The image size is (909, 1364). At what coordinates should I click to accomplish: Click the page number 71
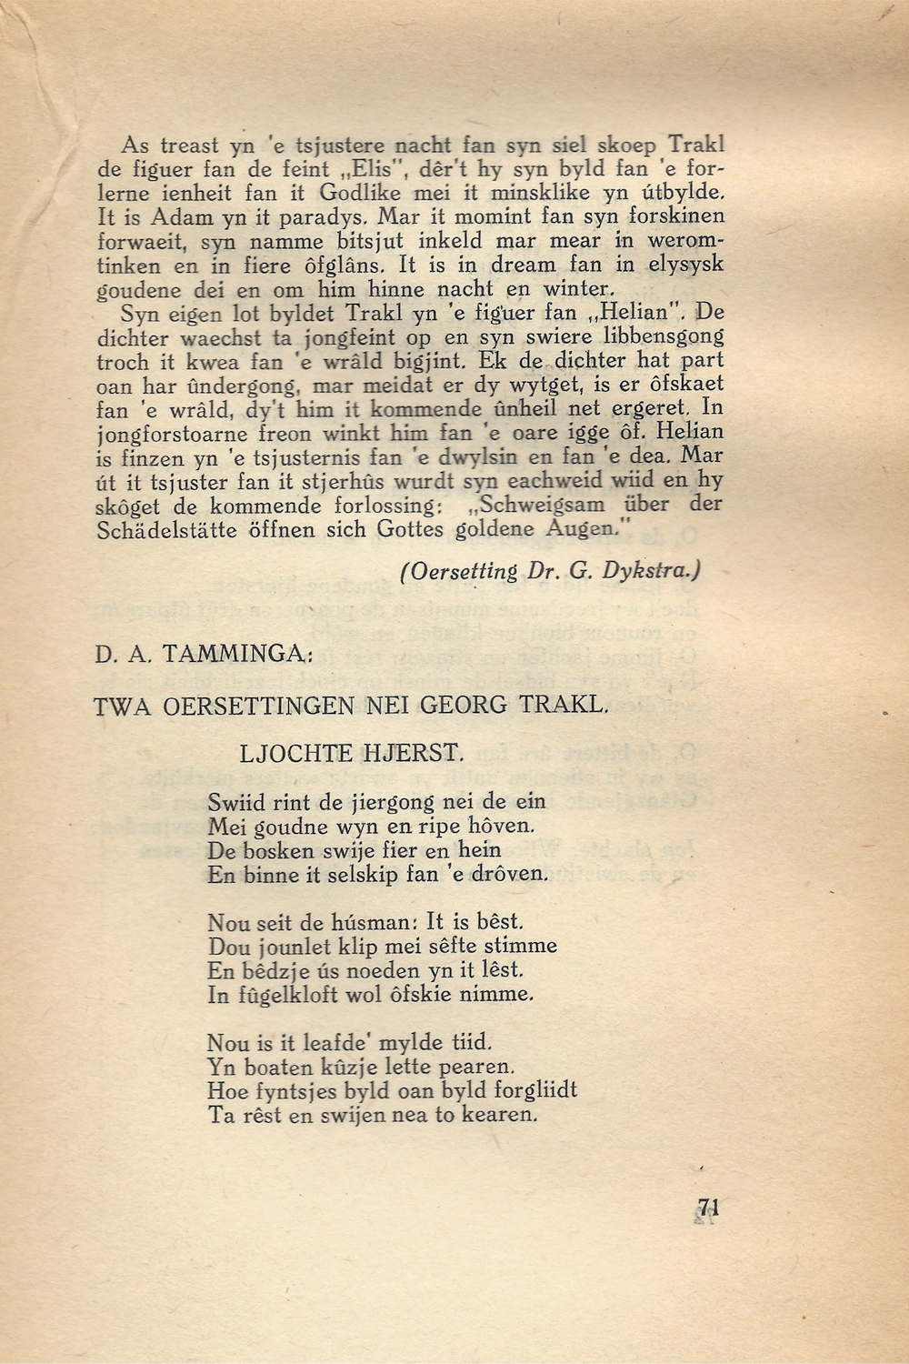click(x=708, y=1209)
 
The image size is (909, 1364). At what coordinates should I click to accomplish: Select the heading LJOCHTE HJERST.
click(x=353, y=753)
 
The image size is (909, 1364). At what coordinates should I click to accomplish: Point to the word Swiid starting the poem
click(x=236, y=802)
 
